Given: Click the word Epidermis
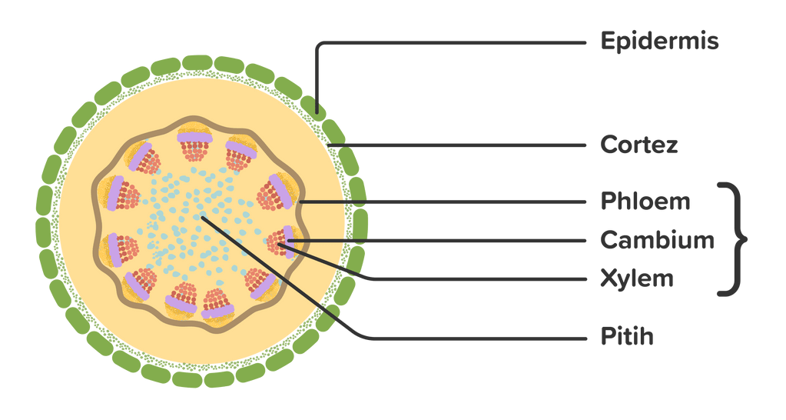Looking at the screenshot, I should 659,41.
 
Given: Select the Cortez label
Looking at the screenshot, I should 639,145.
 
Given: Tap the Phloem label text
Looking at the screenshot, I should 645,202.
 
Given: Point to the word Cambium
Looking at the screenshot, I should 657,240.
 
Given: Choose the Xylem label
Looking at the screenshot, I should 637,278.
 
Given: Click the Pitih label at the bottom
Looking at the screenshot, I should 627,337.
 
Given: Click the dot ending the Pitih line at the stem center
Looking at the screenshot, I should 202,218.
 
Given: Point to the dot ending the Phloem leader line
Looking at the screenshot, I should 300,202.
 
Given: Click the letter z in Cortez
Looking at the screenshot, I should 671,145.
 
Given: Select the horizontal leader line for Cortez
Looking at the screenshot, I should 461,145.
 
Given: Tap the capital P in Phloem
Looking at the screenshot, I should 608,202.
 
